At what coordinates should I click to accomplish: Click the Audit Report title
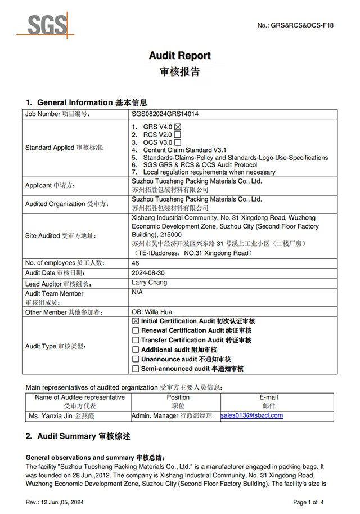pyautogui.click(x=179, y=55)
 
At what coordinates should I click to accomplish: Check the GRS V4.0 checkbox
pyautogui.click(x=178, y=127)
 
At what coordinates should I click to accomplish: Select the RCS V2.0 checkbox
pyautogui.click(x=177, y=135)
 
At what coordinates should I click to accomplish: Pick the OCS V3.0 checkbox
pyautogui.click(x=177, y=142)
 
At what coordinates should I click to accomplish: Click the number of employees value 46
pyautogui.click(x=135, y=263)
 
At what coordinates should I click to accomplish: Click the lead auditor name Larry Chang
pyautogui.click(x=149, y=282)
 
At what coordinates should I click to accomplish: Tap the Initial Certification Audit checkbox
pyautogui.click(x=135, y=321)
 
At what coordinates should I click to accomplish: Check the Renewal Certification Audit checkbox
pyautogui.click(x=135, y=330)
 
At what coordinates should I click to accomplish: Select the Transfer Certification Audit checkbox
pyautogui.click(x=135, y=340)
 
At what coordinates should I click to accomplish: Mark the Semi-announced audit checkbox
pyautogui.click(x=135, y=369)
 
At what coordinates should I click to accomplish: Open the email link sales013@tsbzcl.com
pyautogui.click(x=252, y=415)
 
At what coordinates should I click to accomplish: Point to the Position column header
pyautogui.click(x=178, y=397)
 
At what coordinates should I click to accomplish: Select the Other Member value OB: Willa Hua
pyautogui.click(x=152, y=311)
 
